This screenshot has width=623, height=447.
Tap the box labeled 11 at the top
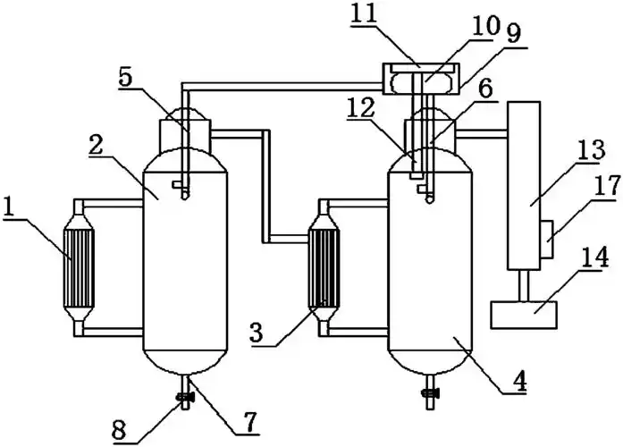(x=417, y=79)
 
